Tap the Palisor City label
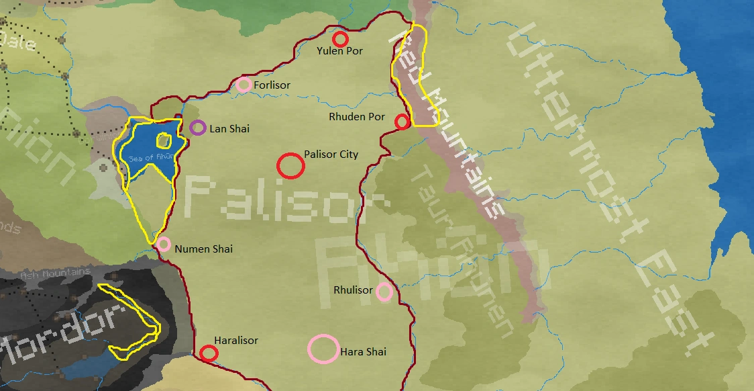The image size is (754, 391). click(x=331, y=155)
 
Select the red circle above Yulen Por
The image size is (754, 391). click(x=341, y=39)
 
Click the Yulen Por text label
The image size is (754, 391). click(x=339, y=51)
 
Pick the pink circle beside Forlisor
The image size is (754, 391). click(x=244, y=85)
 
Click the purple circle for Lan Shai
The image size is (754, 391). click(x=197, y=128)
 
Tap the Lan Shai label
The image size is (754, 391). click(x=229, y=128)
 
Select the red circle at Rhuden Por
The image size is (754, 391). click(x=402, y=122)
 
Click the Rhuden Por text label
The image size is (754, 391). click(x=357, y=117)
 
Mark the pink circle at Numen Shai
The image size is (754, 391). click(x=164, y=244)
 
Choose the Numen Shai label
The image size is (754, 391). click(x=203, y=249)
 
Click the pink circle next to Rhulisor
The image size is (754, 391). click(x=384, y=292)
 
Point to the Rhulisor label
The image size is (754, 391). click(x=353, y=290)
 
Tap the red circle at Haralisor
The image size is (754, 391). click(x=209, y=353)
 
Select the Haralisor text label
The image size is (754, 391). click(x=236, y=341)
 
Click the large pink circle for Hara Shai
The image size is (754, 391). click(x=323, y=349)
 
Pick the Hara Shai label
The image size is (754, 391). click(x=364, y=352)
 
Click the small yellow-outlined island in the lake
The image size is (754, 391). click(x=163, y=141)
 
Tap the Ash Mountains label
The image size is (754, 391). click(x=56, y=273)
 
